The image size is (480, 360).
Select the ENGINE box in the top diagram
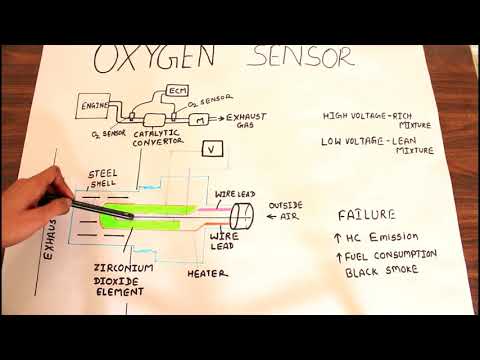95,103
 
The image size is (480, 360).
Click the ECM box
176,91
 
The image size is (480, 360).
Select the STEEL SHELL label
103,178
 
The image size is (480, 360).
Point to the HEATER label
206,272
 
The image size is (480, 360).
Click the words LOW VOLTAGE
351,141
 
